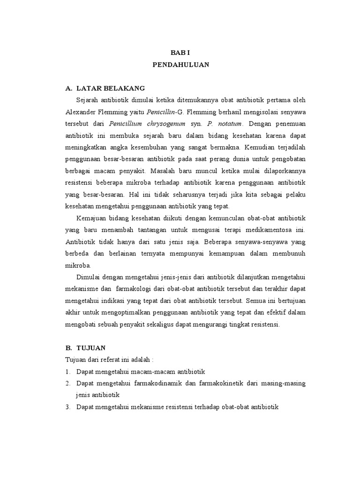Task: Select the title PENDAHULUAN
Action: pyautogui.click(x=180, y=66)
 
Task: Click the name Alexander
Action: pyautogui.click(x=81, y=112)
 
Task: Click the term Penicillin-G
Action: pyautogui.click(x=163, y=112)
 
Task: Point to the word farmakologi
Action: pyautogui.click(x=140, y=288)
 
